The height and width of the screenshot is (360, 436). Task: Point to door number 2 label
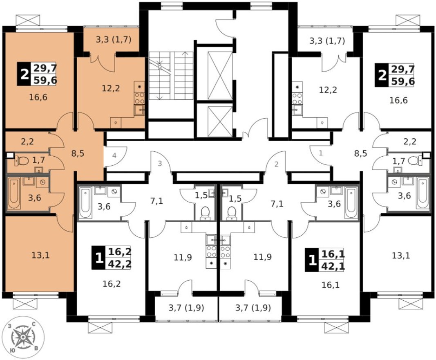click(x=276, y=164)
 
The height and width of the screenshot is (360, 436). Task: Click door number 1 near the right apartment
click(x=321, y=153)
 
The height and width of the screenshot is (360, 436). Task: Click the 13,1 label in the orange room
click(x=40, y=256)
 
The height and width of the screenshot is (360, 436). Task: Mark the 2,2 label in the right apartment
click(x=409, y=142)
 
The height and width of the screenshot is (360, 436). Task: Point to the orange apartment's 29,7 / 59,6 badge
click(x=37, y=74)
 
